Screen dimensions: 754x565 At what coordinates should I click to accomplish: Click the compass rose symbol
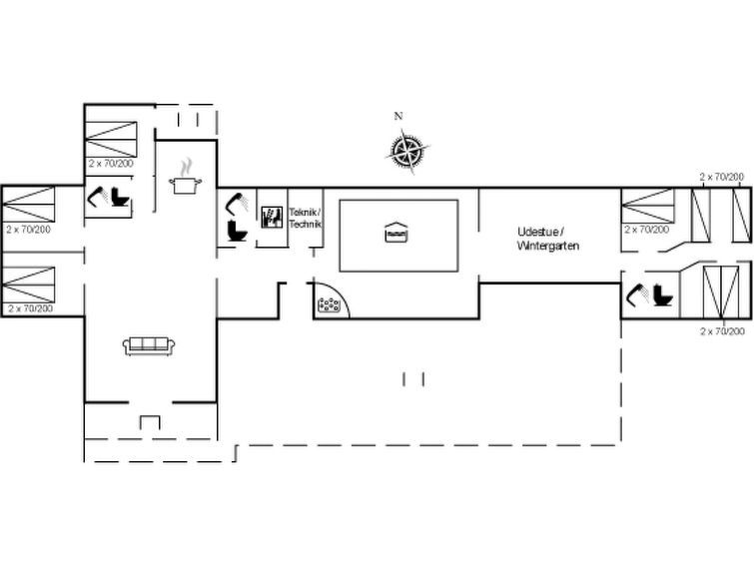(x=407, y=151)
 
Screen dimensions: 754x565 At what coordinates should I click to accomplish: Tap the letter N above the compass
(x=398, y=116)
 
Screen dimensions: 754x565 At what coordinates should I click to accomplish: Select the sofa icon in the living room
(x=149, y=346)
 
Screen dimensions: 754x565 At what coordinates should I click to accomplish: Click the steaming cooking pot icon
(x=185, y=177)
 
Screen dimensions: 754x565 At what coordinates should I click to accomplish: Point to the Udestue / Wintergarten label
(x=547, y=239)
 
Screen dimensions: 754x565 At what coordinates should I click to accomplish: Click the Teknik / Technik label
(x=305, y=218)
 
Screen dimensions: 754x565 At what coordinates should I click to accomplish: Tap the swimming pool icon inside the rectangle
(x=396, y=233)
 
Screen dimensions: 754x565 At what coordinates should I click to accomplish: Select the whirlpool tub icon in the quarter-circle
(x=329, y=304)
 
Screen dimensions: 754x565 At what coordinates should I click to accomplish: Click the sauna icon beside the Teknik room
(x=272, y=217)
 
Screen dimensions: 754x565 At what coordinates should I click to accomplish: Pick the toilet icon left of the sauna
(x=237, y=231)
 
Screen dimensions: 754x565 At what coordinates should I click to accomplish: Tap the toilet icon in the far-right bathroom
(x=663, y=295)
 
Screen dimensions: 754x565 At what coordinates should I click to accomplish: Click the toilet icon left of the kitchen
(x=120, y=197)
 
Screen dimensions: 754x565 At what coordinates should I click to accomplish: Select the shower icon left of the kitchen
(x=98, y=197)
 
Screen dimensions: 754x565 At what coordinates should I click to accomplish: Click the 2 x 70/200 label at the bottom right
(x=722, y=330)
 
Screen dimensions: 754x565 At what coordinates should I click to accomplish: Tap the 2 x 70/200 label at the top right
(x=721, y=177)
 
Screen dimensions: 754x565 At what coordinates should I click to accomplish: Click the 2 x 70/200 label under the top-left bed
(x=111, y=164)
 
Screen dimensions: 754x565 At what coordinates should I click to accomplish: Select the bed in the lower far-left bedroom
(x=28, y=284)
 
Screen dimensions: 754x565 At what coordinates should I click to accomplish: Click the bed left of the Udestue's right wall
(x=648, y=206)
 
